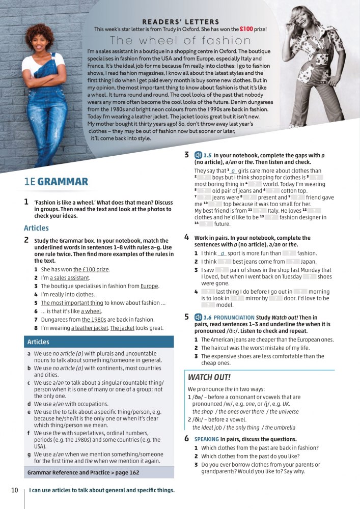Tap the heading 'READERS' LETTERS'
point(181,22)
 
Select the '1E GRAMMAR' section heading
point(56,182)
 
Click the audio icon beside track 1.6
point(199,317)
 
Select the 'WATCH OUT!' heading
point(209,377)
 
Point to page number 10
point(15,490)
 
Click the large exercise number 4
point(187,237)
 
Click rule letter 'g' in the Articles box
point(29,454)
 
